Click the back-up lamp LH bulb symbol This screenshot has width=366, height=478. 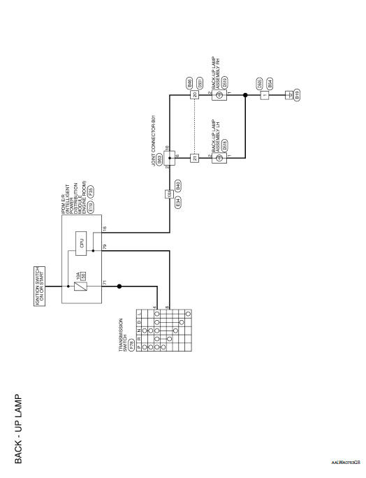220,158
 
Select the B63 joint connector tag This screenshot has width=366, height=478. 159,159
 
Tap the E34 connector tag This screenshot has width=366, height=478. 178,201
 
